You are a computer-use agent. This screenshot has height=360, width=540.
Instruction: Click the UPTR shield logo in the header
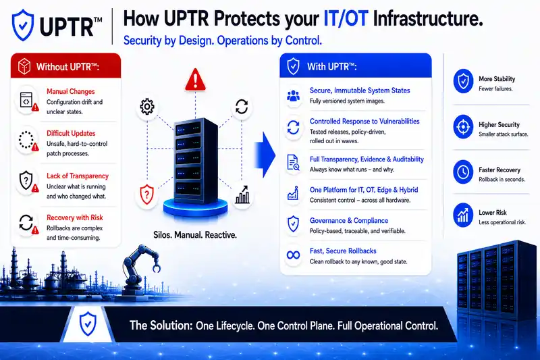(23, 25)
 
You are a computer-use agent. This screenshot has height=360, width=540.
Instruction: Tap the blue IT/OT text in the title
(346, 18)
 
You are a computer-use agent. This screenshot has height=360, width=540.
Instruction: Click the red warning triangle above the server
(195, 80)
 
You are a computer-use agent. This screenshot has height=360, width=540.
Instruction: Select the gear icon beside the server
(147, 107)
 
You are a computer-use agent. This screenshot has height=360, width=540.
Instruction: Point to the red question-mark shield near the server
(146, 195)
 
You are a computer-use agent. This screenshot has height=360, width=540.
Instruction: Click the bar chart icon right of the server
(242, 195)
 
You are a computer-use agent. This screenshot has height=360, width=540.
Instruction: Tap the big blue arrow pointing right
(265, 155)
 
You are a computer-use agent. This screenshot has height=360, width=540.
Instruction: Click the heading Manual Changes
(71, 91)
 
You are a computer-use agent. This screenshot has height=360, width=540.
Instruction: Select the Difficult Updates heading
(71, 133)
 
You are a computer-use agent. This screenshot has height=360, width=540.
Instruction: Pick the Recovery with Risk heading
(75, 217)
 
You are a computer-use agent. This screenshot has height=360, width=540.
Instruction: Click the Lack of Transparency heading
(78, 176)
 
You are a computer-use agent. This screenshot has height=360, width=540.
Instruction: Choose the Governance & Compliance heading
(349, 220)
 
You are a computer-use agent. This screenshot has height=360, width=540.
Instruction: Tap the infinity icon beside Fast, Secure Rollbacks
(293, 255)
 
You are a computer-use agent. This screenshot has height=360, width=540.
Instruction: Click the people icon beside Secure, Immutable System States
(293, 96)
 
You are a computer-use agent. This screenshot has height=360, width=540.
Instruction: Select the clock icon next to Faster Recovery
(463, 172)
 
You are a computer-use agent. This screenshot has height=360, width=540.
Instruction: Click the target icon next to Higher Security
(463, 126)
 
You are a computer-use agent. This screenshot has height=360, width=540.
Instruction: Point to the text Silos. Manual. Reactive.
(195, 235)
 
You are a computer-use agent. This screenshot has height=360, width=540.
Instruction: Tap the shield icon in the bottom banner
(88, 324)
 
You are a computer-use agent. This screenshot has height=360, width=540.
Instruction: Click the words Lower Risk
(493, 213)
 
